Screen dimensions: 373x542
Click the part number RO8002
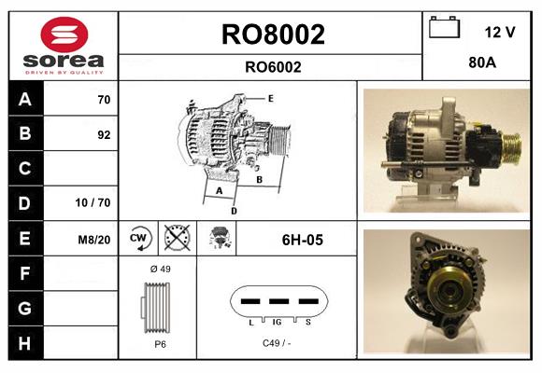(272, 35)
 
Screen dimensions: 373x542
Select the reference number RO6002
(272, 66)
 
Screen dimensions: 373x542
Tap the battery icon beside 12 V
(442, 29)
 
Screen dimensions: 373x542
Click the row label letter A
(24, 99)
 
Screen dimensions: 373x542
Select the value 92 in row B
(104, 134)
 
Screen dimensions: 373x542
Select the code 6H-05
(302, 240)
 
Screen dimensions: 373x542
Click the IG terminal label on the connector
(277, 321)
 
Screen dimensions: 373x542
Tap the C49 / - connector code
(276, 343)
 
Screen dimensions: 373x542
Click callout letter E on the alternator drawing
(269, 98)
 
